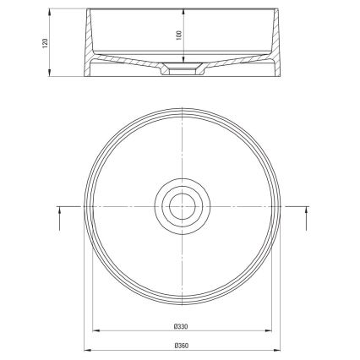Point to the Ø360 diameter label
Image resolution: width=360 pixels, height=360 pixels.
(180, 345)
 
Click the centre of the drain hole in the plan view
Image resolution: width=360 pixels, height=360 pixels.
(180, 205)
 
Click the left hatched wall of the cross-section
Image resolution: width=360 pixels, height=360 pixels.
(91, 38)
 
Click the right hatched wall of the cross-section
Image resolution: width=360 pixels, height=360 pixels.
(270, 38)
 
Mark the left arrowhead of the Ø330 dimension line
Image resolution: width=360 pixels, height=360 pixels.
(93, 330)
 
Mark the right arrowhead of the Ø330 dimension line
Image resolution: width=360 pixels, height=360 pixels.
(268, 330)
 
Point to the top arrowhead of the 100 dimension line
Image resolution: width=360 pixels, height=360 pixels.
(183, 12)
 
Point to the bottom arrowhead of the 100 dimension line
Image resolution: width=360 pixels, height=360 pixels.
(183, 62)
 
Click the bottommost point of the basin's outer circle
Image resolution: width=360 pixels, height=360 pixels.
(180, 302)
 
